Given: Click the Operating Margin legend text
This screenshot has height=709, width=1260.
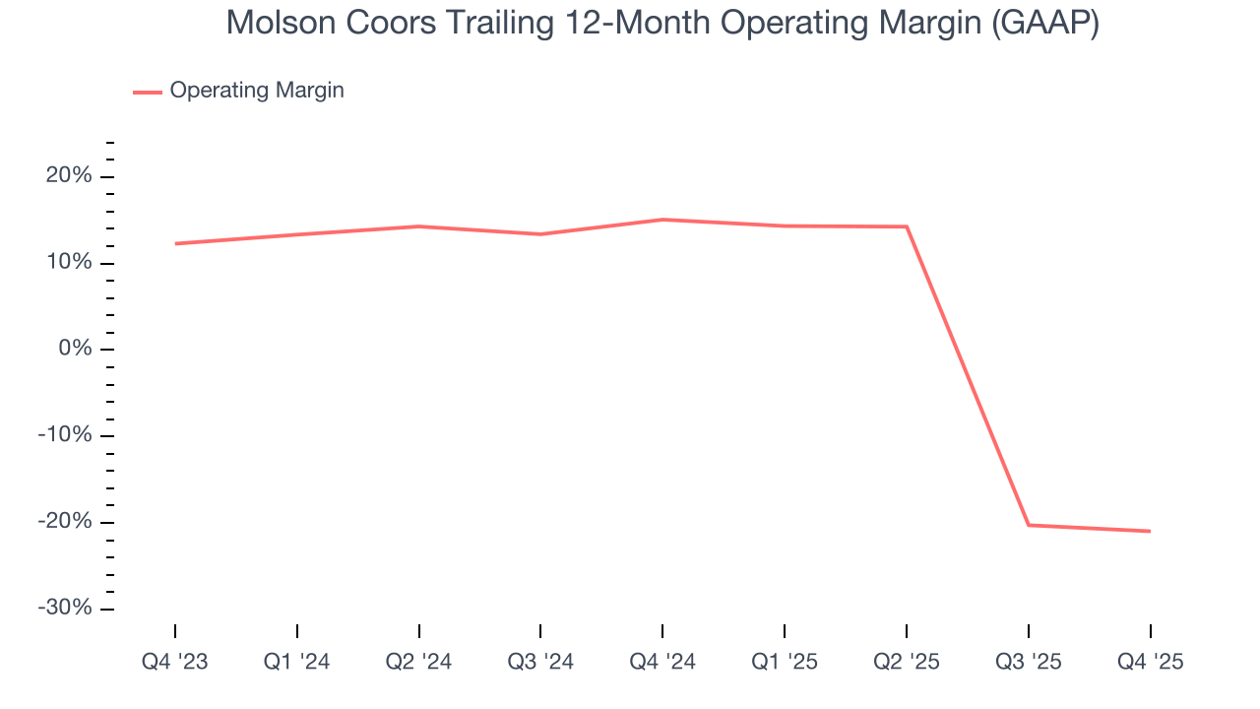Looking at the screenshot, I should point(257,91).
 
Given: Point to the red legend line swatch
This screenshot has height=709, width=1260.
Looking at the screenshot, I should point(148,92).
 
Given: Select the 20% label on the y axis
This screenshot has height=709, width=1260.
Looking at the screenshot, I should point(69,176).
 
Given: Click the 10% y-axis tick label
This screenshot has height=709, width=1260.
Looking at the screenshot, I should point(69,263).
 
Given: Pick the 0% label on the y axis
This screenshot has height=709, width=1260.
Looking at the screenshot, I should point(74,349).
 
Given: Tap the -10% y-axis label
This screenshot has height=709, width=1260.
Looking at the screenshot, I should point(65,435).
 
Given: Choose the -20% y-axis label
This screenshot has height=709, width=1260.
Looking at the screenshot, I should point(65,522).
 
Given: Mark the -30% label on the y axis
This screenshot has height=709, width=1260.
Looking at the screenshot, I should point(65,608).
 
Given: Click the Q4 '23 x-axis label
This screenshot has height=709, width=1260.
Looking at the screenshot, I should point(175,663).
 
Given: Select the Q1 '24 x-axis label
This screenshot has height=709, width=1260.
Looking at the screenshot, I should point(297,663).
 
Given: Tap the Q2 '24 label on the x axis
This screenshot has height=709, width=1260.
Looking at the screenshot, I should point(419,663).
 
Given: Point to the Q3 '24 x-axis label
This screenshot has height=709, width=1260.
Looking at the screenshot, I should point(540,663).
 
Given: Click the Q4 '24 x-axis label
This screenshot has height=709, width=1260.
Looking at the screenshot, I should point(662,663).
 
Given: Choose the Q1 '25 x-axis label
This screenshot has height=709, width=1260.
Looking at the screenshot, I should point(785,663).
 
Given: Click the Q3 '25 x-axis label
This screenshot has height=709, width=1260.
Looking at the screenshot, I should point(1028,663).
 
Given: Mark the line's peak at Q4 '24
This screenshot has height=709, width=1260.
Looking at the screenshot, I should point(662,220).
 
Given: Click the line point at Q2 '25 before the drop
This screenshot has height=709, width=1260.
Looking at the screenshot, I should point(906,226).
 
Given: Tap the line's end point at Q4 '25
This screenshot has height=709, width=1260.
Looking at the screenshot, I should point(1150,532).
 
